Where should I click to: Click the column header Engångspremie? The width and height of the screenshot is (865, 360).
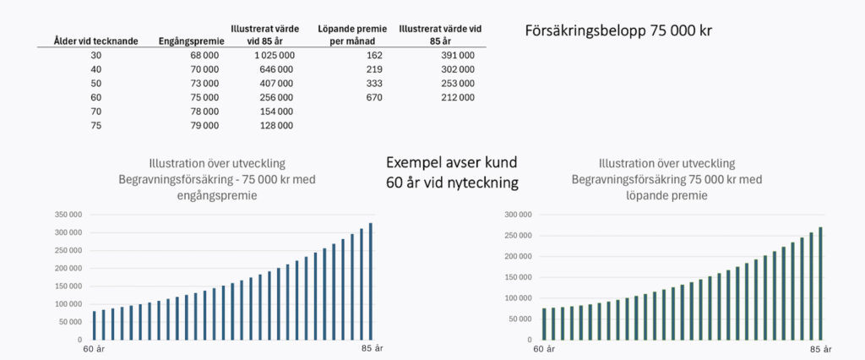[191, 40]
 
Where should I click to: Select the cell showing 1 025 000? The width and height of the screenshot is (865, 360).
[273, 55]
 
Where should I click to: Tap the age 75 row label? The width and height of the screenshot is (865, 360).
[95, 126]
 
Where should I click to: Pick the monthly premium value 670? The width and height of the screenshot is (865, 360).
[374, 97]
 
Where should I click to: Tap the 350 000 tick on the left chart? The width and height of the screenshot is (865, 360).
[68, 215]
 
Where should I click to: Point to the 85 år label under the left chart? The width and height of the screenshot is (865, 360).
[373, 348]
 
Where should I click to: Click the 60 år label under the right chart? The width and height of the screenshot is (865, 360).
[545, 348]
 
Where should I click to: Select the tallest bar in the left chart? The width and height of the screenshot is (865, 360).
[370, 281]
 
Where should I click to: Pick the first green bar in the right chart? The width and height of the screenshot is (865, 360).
[545, 324]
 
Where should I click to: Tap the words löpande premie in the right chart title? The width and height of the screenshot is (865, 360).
[667, 195]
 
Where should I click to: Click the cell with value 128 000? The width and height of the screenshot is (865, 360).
[275, 126]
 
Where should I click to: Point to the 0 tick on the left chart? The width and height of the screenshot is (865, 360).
[79, 339]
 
